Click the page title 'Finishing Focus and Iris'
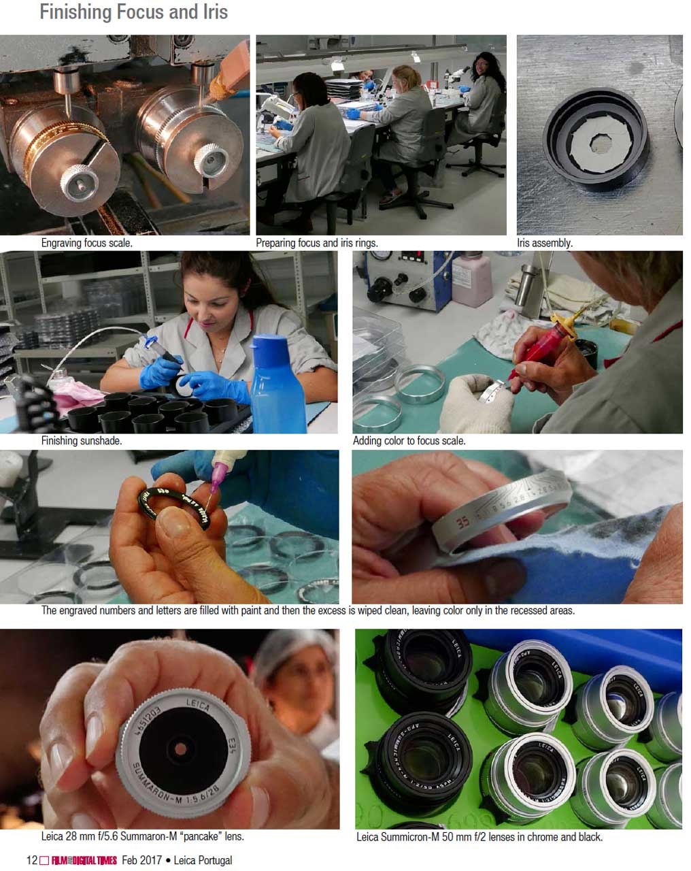click(x=133, y=12)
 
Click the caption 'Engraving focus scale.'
click(x=86, y=243)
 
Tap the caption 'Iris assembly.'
click(x=545, y=243)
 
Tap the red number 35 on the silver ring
click(x=463, y=523)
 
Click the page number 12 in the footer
click(x=32, y=859)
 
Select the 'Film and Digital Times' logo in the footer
click(x=84, y=860)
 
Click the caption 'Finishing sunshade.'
click(x=82, y=440)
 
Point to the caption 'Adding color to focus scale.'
click(x=409, y=440)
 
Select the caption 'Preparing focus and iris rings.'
click(x=317, y=243)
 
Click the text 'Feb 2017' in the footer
click(x=142, y=859)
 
